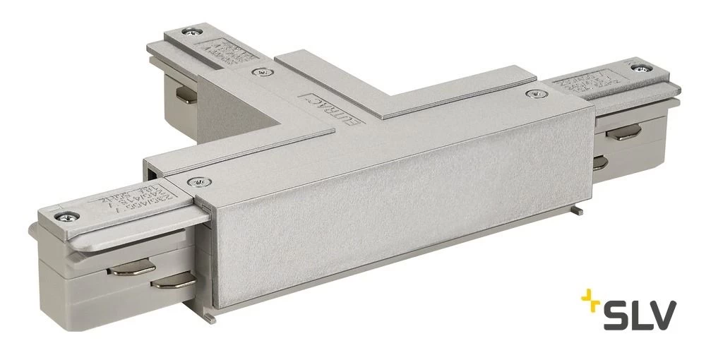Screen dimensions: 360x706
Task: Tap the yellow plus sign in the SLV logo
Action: click(590, 303)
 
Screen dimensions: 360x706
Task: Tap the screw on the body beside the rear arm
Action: click(261, 71)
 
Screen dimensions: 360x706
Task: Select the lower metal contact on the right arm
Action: click(599, 164)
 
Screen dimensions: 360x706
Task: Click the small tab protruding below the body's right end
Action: click(577, 210)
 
